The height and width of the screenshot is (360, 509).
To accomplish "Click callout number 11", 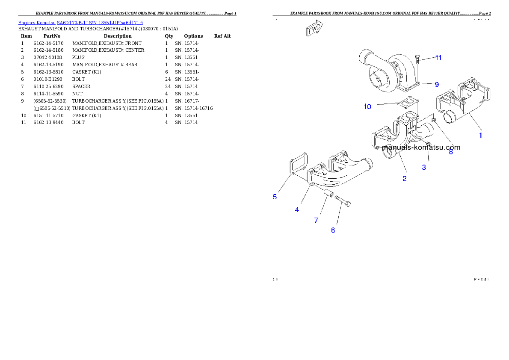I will [x=438, y=58].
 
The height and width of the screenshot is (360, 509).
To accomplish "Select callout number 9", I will [x=437, y=84].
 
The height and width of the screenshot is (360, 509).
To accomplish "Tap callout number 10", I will [x=367, y=106].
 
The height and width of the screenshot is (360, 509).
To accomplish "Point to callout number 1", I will [x=480, y=136].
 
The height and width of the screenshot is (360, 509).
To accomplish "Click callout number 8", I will [x=450, y=152].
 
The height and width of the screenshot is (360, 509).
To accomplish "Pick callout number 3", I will [x=424, y=167].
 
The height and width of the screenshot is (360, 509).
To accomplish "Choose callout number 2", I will [x=404, y=179].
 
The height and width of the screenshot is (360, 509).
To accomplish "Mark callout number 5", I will [x=275, y=197].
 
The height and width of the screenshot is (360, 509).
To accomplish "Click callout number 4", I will [x=297, y=210].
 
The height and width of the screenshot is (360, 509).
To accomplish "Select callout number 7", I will [x=317, y=220].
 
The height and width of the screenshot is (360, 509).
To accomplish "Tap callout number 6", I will [x=333, y=230].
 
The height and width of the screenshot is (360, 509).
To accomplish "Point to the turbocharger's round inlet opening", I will [x=376, y=80].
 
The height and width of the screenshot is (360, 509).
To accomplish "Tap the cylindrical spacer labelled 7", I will [x=328, y=193].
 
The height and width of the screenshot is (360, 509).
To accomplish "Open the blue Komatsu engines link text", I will [x=80, y=22].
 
